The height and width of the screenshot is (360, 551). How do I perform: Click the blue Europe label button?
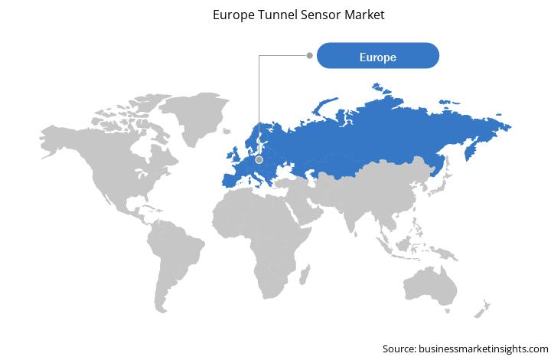[378, 56]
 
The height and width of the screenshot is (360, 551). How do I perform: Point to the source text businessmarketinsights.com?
[484, 349]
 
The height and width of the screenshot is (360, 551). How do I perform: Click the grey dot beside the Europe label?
[310, 55]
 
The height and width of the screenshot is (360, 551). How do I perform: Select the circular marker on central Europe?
[259, 160]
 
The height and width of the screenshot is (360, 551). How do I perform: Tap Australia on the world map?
[430, 286]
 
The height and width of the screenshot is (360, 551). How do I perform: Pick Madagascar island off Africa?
[305, 275]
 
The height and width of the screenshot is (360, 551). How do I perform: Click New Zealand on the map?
[482, 309]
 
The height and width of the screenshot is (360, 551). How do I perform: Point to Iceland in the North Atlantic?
[227, 131]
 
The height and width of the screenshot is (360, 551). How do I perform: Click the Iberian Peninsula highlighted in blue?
[230, 180]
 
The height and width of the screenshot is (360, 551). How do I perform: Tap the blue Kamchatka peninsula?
[471, 150]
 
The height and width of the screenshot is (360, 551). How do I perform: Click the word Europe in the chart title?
[233, 15]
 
